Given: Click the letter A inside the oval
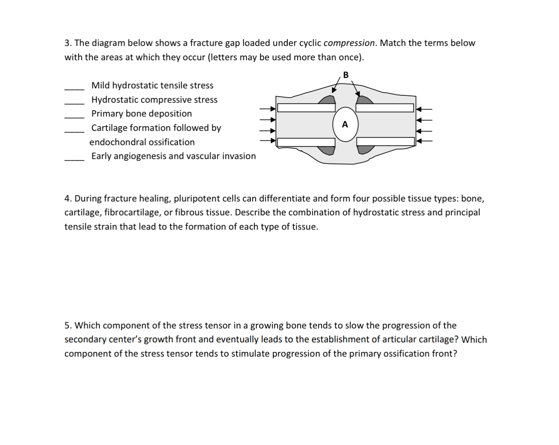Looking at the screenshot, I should (345, 125).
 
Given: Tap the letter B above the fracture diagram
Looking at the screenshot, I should (345, 75).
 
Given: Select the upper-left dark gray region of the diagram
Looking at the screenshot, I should (328, 101).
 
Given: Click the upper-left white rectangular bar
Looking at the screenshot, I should (306, 107).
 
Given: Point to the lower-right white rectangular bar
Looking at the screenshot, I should (385, 142).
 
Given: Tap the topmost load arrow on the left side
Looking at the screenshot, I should (268, 109).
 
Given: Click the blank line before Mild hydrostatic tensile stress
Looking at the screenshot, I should (75, 88).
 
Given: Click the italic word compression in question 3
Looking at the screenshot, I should (349, 43).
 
